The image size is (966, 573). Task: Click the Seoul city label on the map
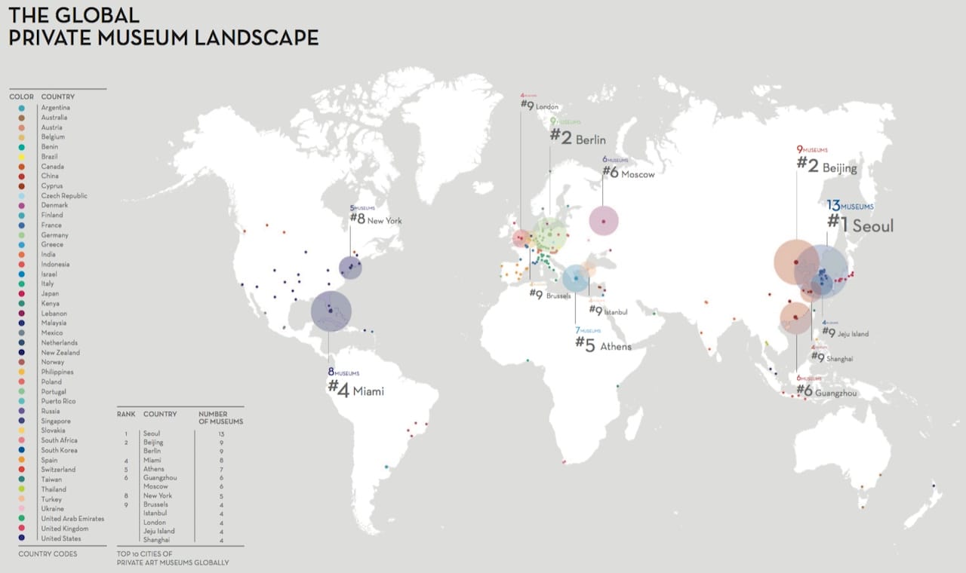pyautogui.click(x=873, y=225)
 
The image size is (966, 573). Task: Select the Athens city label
pyautogui.click(x=615, y=346)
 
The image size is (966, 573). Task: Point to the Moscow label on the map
pyautogui.click(x=638, y=174)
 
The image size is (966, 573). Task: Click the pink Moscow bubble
pyautogui.click(x=603, y=221)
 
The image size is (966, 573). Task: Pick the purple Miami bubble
pyautogui.click(x=331, y=311)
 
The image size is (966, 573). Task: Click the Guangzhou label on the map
pyautogui.click(x=836, y=391)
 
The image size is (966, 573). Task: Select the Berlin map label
pyautogui.click(x=590, y=139)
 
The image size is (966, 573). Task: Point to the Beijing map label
pyautogui.click(x=839, y=167)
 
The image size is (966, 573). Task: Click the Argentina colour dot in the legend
pyautogui.click(x=20, y=108)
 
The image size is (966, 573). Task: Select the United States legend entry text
pyautogui.click(x=60, y=538)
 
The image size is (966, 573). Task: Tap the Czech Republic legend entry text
pyautogui.click(x=64, y=196)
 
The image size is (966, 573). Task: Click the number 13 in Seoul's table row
pyautogui.click(x=220, y=434)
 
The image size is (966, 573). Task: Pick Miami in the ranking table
pyautogui.click(x=152, y=460)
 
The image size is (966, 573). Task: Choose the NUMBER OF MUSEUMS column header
pyautogui.click(x=220, y=418)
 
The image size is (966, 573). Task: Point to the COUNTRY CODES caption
pyautogui.click(x=48, y=554)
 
